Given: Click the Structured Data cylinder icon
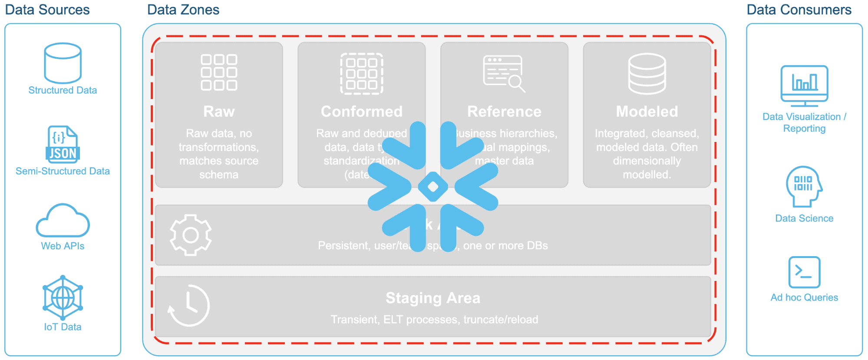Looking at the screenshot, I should [x=63, y=63].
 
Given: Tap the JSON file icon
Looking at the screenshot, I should [x=63, y=144].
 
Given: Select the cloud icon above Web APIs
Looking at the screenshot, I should [x=63, y=221].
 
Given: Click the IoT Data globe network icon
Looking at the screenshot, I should [x=63, y=297].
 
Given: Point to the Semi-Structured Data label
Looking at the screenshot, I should [x=63, y=171].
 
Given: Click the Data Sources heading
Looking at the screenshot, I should [x=47, y=10].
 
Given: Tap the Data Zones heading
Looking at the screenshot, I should [x=183, y=10].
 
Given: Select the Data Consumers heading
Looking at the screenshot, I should [x=799, y=10].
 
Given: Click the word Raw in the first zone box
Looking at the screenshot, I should [x=219, y=112].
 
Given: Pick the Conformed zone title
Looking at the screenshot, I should [x=361, y=112].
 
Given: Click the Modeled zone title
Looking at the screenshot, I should [x=647, y=112].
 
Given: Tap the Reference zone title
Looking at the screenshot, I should [x=504, y=112].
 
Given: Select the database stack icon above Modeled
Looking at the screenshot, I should [x=647, y=73].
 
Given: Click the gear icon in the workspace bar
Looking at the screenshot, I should [x=191, y=235].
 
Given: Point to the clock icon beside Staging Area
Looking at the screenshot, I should [x=189, y=306].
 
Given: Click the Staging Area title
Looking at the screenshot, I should [x=433, y=298].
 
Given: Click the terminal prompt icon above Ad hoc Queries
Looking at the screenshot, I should [x=804, y=272].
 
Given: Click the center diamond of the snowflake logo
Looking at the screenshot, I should [x=433, y=187].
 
